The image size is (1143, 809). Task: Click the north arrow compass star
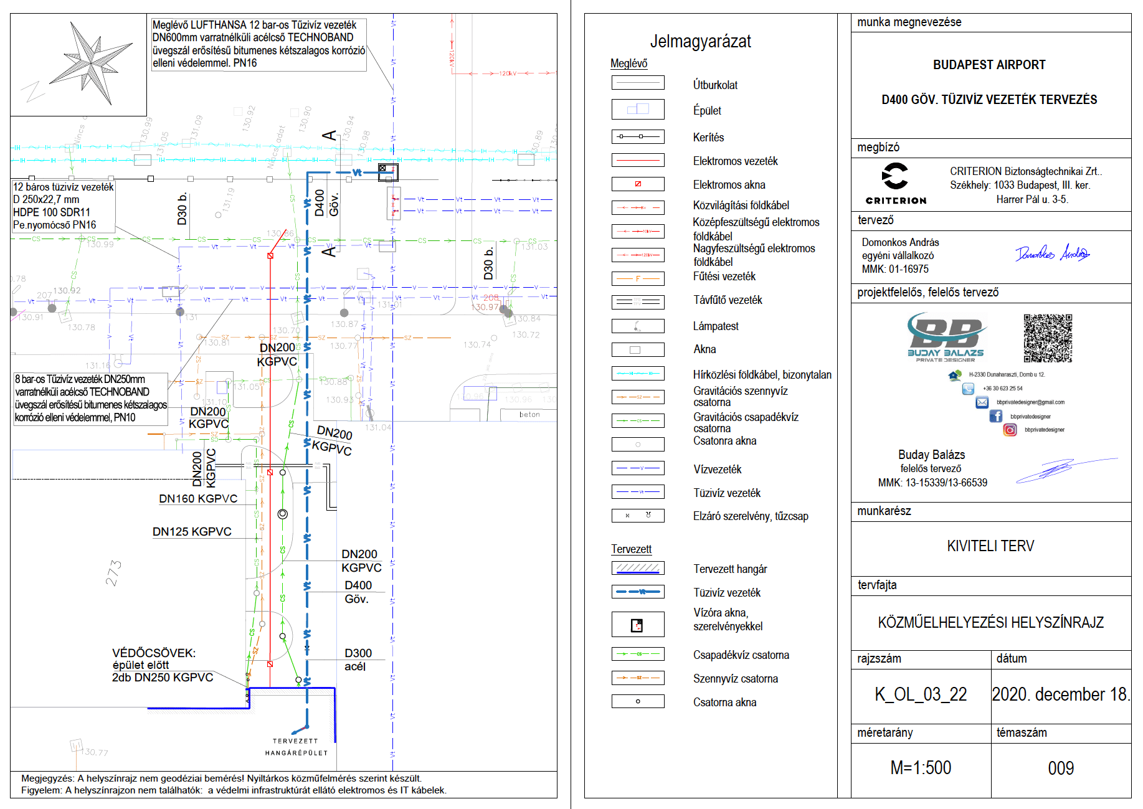[x=92, y=63]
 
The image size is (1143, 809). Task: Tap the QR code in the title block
[x=1048, y=338]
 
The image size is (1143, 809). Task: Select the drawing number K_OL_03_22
[x=921, y=694]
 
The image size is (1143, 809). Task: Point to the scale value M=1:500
[x=921, y=768]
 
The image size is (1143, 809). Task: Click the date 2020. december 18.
[x=1061, y=694]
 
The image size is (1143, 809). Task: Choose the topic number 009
[x=1061, y=768]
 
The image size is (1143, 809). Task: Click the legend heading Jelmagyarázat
[x=700, y=42]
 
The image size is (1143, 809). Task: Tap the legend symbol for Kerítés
[x=638, y=136]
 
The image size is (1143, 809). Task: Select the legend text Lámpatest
[x=716, y=326]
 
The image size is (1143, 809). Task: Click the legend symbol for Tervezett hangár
[x=638, y=568]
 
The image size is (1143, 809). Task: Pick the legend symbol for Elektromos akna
[x=638, y=184]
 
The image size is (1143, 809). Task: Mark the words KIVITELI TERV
[x=990, y=546]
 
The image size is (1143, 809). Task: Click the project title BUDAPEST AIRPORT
[x=989, y=65]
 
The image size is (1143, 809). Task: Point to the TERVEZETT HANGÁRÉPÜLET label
[x=296, y=747]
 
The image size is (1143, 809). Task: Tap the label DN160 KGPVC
[x=198, y=499]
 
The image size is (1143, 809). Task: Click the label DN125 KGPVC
[x=192, y=532]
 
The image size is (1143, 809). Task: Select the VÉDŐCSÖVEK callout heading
[x=154, y=653]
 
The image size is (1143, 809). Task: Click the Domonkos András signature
[x=1052, y=253]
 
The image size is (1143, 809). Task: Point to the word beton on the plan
[x=529, y=415]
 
